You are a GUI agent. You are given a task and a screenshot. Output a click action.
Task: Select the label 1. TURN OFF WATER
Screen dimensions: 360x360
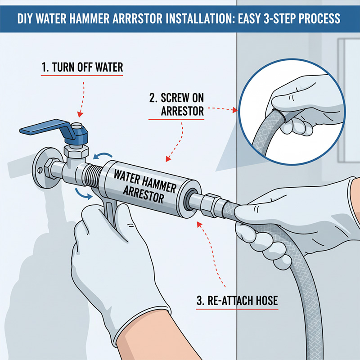pos(81,68)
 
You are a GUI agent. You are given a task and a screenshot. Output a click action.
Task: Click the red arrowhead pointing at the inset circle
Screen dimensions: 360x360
pos(234,109)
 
